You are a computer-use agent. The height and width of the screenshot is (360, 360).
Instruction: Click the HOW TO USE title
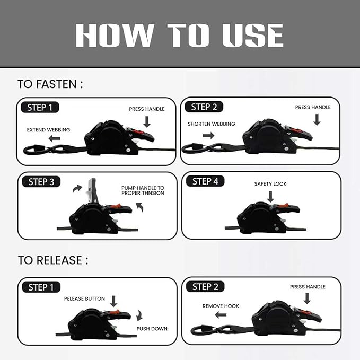tap(179, 36)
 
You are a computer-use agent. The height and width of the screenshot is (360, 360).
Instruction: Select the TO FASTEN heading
tap(50, 84)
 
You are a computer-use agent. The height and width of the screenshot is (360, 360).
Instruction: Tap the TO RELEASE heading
tap(53, 260)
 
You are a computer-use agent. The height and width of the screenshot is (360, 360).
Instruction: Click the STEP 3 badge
tap(41, 182)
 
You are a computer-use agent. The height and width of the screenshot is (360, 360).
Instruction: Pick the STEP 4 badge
tap(205, 181)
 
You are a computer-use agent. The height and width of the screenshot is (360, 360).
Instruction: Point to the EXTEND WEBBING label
tap(48, 130)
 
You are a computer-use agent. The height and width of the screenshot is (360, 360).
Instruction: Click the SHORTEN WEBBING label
tap(212, 124)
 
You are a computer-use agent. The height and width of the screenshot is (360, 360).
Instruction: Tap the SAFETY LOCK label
tap(270, 184)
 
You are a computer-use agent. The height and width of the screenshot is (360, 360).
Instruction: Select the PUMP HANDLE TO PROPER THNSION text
tap(143, 190)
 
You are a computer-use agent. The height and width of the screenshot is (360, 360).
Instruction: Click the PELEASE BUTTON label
tap(84, 298)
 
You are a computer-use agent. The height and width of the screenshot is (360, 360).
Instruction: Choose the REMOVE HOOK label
tap(221, 306)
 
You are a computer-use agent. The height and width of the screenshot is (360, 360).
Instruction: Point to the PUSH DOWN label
tap(152, 329)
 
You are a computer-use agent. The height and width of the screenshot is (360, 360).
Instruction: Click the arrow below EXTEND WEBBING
tap(55, 138)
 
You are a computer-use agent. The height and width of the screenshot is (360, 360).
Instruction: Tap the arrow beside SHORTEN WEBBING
tap(209, 135)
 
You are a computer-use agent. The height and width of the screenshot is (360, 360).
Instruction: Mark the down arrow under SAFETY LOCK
tap(271, 197)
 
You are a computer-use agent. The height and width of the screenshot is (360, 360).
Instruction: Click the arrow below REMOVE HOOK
tap(221, 315)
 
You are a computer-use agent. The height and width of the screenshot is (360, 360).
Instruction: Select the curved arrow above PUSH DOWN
tap(139, 315)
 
